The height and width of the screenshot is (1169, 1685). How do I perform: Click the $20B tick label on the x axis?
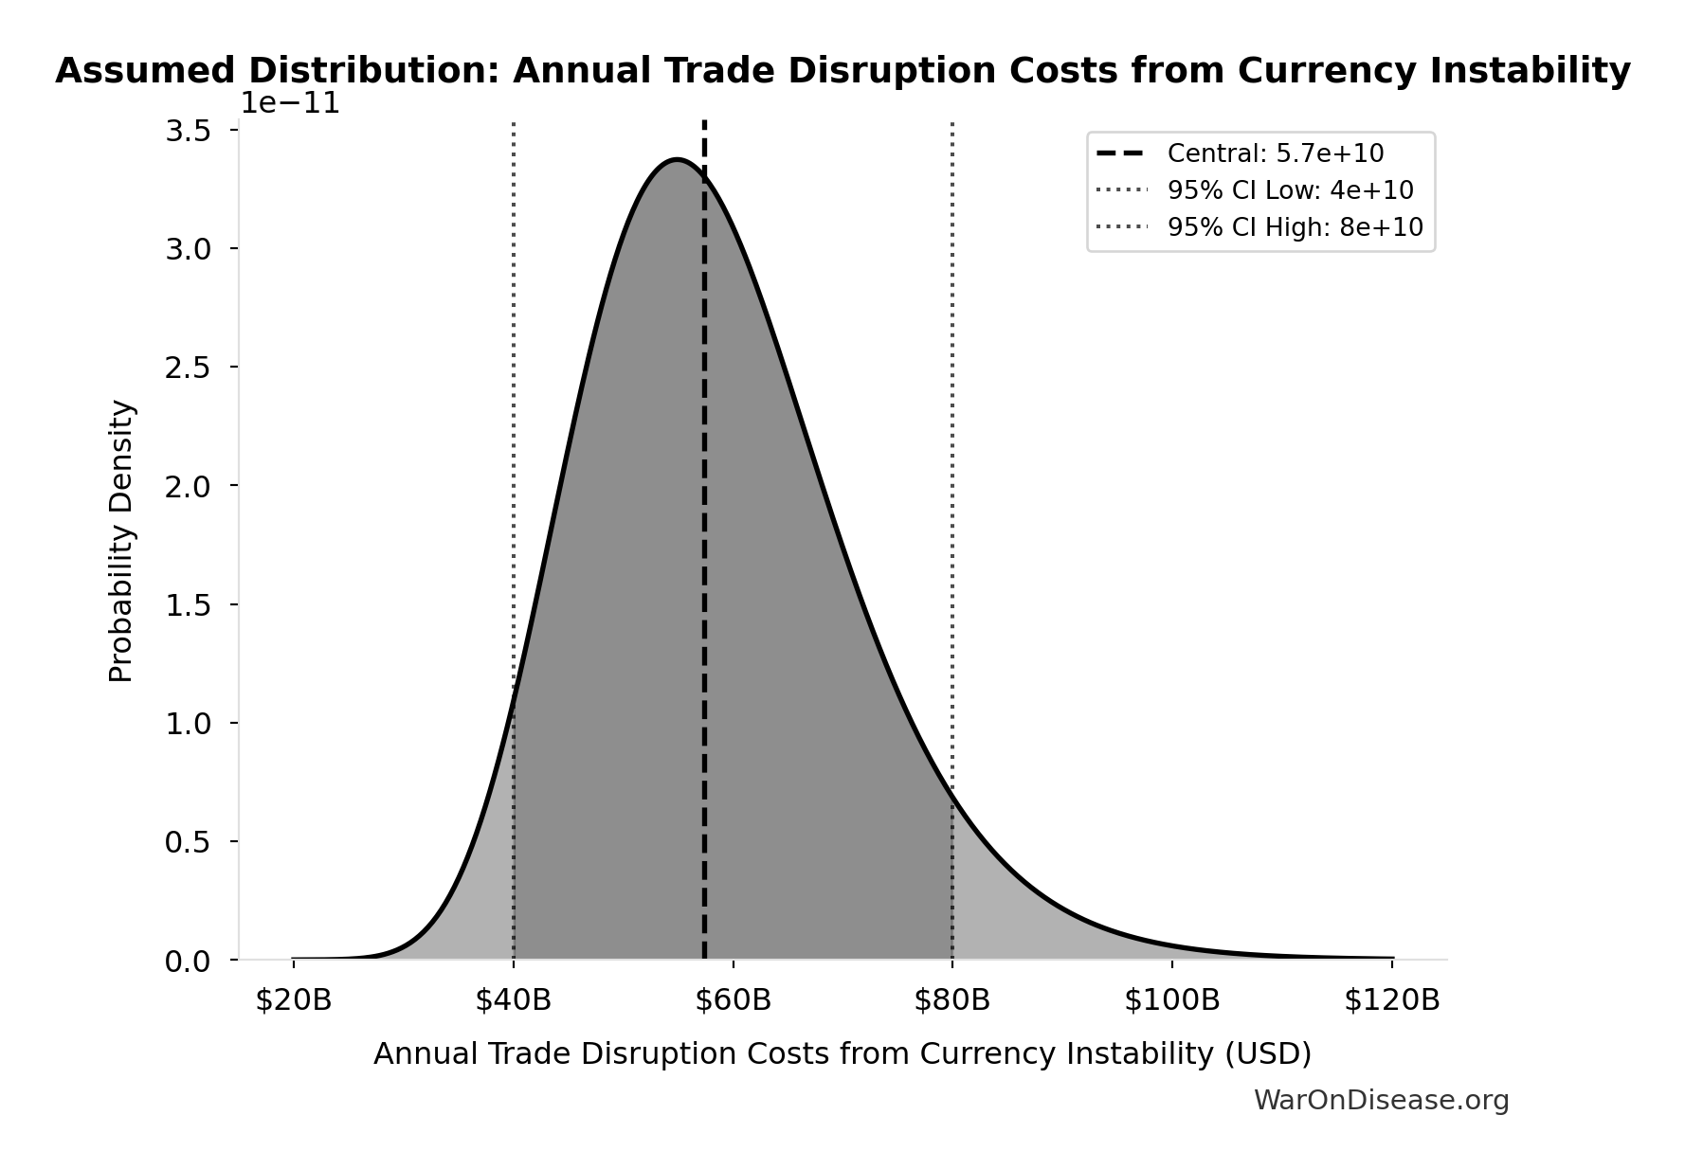tap(293, 1000)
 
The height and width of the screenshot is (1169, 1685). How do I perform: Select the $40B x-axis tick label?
tap(513, 1000)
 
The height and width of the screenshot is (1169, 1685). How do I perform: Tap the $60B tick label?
tap(733, 1000)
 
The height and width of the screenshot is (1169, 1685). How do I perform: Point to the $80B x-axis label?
tap(951, 1000)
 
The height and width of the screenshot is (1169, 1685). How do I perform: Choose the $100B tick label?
tap(1171, 1000)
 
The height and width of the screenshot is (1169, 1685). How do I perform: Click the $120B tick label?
tap(1391, 1000)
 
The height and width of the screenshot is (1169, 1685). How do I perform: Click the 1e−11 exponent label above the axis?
tap(289, 102)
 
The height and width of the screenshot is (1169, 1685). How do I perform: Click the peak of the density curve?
tap(677, 160)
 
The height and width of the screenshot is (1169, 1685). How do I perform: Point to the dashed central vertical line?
tap(704, 568)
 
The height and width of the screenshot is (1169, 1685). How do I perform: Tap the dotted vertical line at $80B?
tap(951, 474)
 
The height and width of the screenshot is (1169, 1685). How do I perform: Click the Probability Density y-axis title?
tap(121, 541)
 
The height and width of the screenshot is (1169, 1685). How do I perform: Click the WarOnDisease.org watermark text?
tap(1381, 1100)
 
